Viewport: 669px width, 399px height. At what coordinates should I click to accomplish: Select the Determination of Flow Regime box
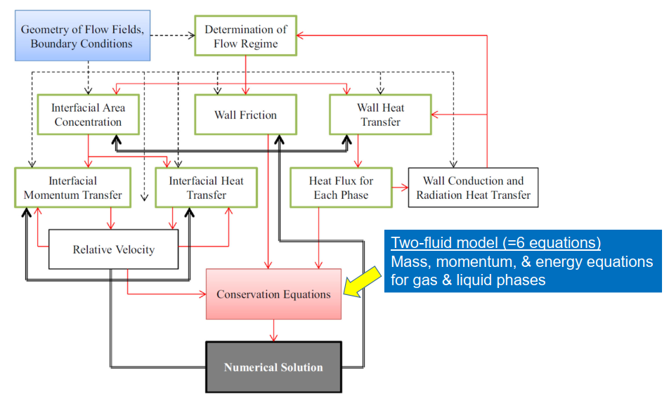click(x=245, y=36)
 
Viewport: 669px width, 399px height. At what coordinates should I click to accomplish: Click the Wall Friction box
click(x=245, y=115)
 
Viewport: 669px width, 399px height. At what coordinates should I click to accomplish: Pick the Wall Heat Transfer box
click(x=380, y=115)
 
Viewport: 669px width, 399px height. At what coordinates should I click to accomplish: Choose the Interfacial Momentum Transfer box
click(x=72, y=188)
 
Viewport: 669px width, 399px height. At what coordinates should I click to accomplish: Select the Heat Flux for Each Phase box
click(x=341, y=188)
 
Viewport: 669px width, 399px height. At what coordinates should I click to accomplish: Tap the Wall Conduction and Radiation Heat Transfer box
click(x=473, y=188)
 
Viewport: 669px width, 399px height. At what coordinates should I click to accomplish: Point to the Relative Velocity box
click(x=113, y=249)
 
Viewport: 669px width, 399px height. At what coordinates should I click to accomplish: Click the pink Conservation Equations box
click(x=273, y=294)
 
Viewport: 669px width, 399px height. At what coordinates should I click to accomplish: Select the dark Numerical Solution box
click(x=273, y=367)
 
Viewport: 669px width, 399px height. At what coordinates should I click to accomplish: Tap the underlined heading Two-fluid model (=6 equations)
click(x=495, y=243)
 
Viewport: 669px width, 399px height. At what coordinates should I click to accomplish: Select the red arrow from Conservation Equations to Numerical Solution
click(x=273, y=331)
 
